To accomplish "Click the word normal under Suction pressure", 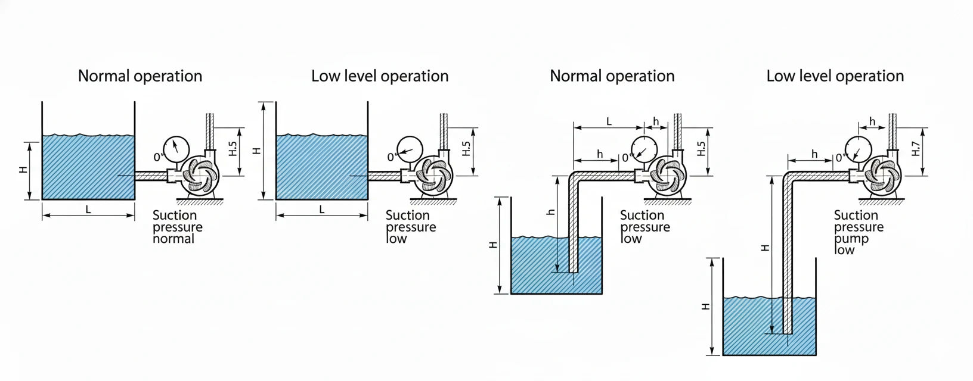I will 173,239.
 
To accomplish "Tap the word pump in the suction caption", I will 851,239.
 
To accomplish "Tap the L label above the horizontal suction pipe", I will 609,121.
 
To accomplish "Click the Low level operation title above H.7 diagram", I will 835,76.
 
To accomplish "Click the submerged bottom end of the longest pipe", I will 788,331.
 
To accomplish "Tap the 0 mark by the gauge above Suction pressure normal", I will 157,158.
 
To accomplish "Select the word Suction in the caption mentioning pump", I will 856,215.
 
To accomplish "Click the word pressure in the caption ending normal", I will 177,227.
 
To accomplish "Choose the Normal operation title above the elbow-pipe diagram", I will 612,76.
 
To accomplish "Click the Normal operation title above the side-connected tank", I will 140,76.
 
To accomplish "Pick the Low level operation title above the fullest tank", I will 380,76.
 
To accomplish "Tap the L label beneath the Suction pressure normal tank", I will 88,210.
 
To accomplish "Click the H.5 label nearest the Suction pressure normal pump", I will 233,149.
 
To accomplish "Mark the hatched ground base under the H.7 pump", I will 881,202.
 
